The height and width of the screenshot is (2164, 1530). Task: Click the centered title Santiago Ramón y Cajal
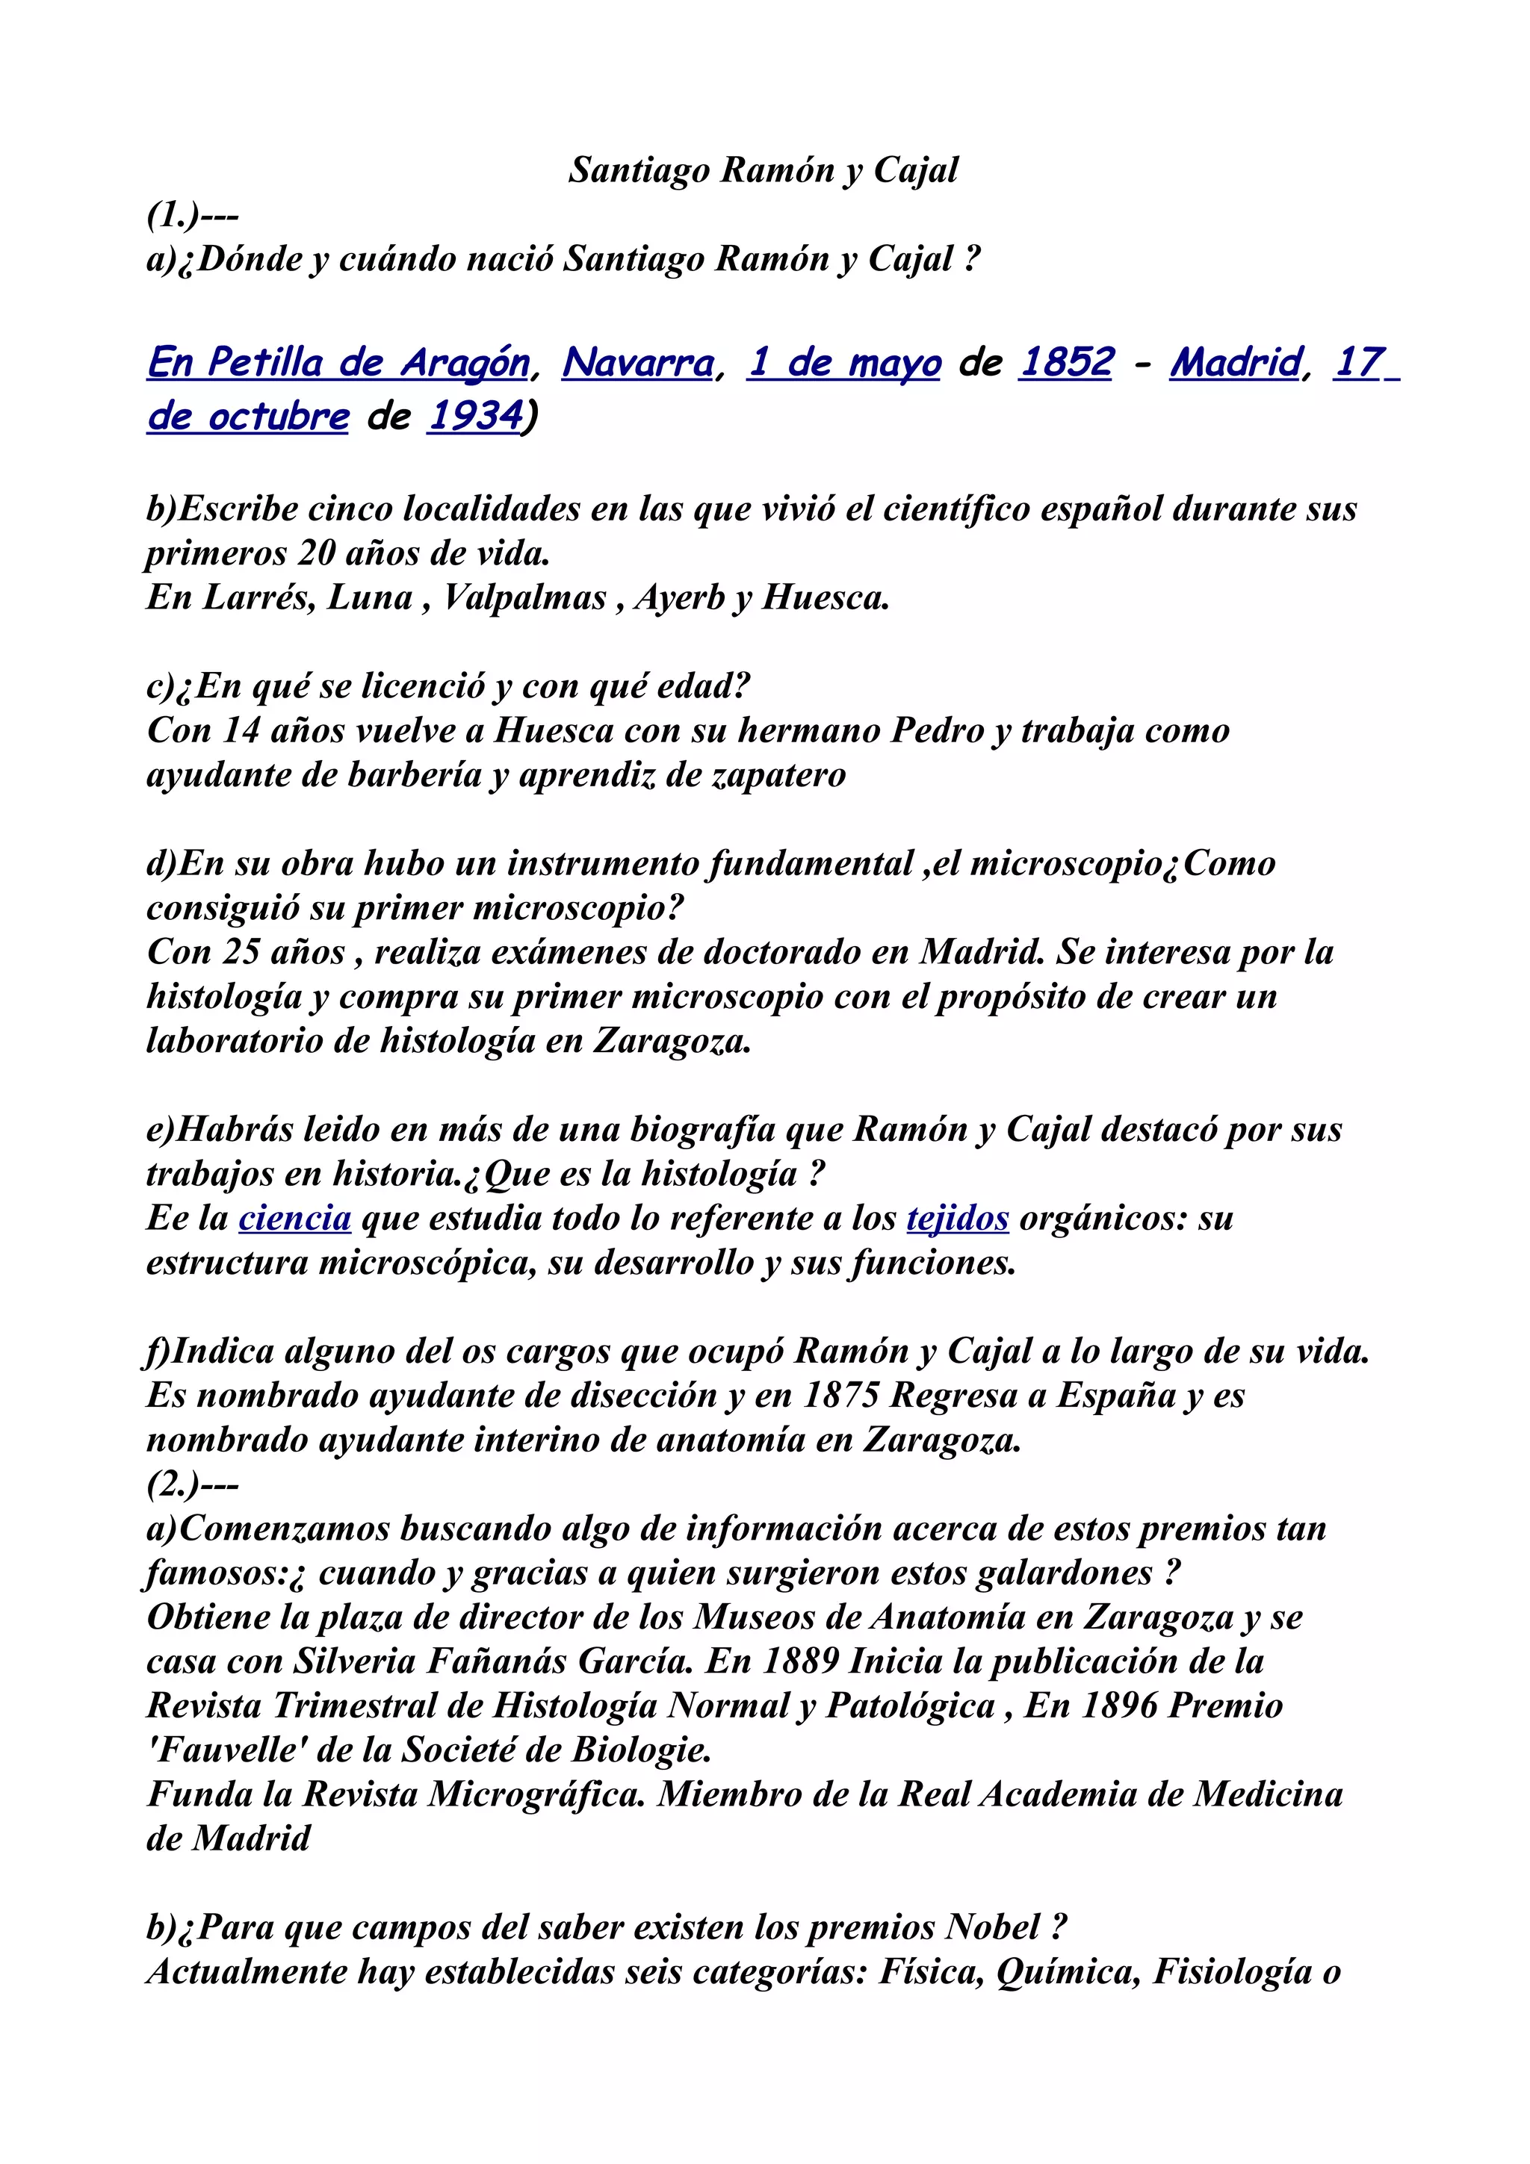[763, 170]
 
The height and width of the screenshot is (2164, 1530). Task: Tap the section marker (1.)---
[192, 215]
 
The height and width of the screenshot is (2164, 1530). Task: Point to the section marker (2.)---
[192, 1484]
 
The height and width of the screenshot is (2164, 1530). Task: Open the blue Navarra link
[638, 362]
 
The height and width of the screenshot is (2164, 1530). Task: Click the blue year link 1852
[1066, 362]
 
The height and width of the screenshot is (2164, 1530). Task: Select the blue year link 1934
[475, 416]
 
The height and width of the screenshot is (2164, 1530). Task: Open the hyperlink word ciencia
[295, 1218]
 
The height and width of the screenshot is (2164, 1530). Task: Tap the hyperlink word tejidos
[957, 1218]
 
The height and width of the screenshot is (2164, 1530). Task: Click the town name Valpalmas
[525, 597]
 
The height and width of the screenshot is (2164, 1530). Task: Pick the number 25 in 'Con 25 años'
[241, 952]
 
